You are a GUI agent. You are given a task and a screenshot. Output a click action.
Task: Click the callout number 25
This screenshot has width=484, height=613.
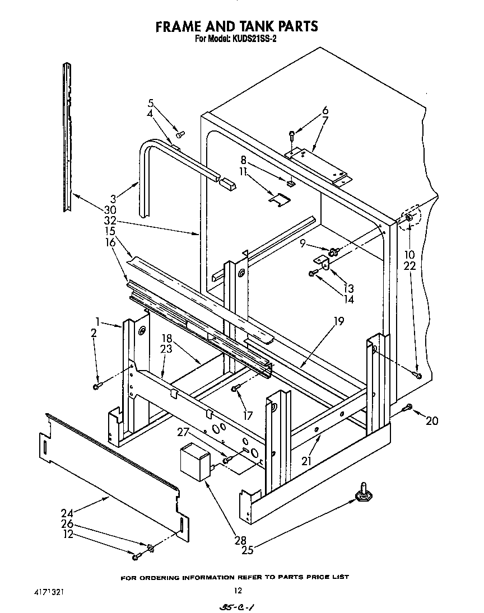(247, 550)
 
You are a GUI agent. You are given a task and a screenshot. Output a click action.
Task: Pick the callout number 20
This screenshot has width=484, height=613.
(431, 421)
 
